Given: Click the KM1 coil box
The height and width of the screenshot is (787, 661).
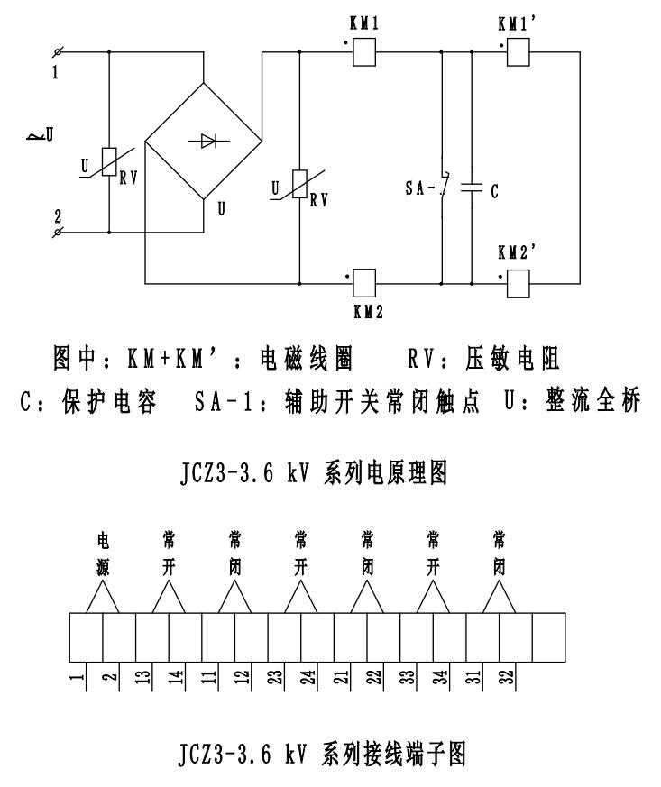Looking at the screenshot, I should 363,53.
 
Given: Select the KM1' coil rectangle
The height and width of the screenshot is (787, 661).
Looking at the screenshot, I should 517,53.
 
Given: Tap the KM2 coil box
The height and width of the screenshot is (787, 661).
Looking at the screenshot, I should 363,282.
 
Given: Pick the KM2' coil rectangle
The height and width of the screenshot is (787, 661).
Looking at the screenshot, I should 517,282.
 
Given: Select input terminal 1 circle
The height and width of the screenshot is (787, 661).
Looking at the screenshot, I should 58,52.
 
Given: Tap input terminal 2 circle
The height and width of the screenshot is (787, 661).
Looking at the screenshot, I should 58,233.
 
